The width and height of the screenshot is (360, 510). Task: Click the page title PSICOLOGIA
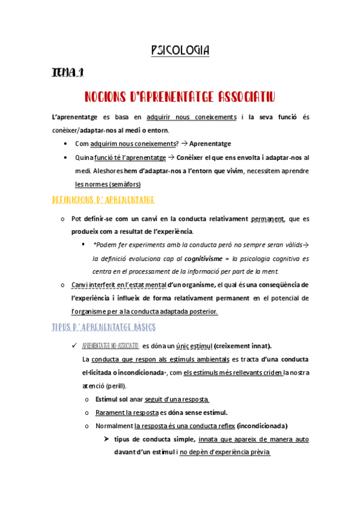tap(180, 51)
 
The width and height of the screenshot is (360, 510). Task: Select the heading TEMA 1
tap(67, 73)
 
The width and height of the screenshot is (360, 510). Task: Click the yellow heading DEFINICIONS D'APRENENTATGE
tap(104, 199)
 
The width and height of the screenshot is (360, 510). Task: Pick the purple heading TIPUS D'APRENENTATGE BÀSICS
tap(104, 327)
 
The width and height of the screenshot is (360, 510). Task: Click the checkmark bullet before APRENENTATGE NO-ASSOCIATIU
tap(73, 345)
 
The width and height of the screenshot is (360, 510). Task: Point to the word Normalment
tap(111, 426)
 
